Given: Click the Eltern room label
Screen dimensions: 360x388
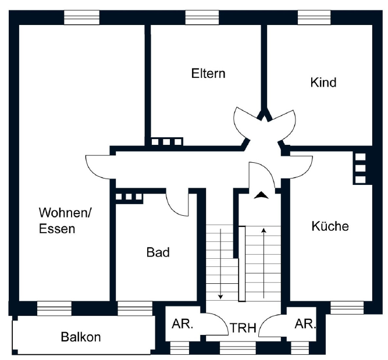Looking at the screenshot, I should (208, 74).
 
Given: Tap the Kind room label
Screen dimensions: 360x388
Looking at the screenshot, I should (323, 83).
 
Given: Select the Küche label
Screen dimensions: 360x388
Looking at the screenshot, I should (330, 226).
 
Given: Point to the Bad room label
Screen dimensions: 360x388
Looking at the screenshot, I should (158, 252).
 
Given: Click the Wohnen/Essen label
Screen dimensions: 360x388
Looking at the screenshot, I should (65, 220).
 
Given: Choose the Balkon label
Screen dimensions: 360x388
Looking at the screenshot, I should (81, 337).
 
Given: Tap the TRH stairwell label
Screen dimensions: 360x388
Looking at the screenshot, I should (243, 328).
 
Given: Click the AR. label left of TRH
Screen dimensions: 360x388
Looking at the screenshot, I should (182, 324).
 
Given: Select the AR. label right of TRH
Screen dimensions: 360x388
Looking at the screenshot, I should (305, 324).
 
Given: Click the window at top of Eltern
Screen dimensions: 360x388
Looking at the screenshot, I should (202, 17).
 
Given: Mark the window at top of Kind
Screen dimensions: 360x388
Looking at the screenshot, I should (315, 17).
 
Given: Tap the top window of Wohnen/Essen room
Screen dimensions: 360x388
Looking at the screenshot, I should (81, 17).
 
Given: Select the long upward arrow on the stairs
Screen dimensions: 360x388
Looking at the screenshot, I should (264, 262).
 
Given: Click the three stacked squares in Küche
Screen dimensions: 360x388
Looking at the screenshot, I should (360, 168).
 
